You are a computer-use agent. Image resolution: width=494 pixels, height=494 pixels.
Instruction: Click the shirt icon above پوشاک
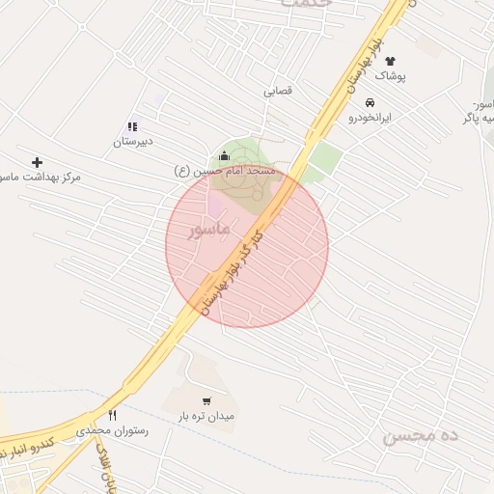click(390, 61)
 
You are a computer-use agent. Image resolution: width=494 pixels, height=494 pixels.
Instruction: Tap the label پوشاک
click(390, 75)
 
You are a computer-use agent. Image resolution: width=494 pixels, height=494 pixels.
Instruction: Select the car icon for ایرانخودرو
click(370, 101)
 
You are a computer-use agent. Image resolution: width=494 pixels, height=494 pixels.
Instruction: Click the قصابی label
click(278, 92)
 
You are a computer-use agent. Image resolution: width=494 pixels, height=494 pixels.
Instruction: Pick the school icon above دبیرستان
click(132, 126)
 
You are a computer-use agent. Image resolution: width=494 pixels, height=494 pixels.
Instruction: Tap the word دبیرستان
click(132, 142)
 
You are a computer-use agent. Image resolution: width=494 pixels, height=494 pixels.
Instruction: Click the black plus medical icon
click(38, 162)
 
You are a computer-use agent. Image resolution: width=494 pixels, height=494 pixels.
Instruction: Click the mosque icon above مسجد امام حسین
click(225, 155)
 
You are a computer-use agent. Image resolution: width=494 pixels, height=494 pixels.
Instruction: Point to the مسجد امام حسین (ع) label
click(225, 171)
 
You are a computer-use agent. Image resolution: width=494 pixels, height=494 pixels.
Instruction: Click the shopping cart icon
click(206, 401)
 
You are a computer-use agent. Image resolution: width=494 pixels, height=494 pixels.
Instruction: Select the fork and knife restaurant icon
click(112, 416)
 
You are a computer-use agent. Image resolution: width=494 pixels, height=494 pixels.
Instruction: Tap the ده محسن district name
click(422, 434)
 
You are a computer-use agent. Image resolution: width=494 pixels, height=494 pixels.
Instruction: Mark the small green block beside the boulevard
click(326, 157)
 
